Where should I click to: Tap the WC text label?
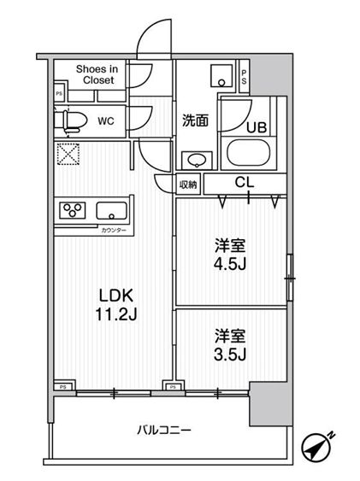coord(106,121)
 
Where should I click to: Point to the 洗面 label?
coord(196,120)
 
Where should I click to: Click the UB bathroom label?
coord(257,127)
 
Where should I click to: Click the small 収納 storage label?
coord(188,184)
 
